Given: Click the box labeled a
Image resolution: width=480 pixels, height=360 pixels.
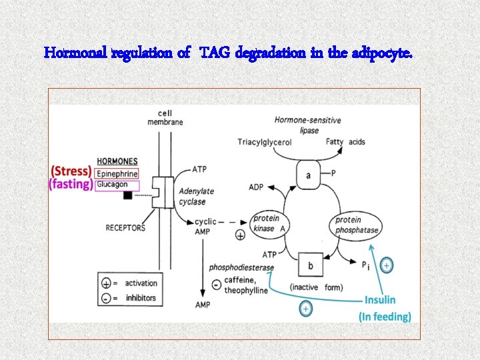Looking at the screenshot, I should click(308, 175).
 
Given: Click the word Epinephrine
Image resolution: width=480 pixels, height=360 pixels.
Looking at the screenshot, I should click(117, 174).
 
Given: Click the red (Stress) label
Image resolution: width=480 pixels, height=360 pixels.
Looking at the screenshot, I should click(71, 170).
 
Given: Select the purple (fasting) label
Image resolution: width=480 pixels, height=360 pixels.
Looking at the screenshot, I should click(71, 184).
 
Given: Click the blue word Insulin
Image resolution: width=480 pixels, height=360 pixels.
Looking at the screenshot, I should click(380, 300).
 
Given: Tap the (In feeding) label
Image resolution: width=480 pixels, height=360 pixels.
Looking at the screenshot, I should click(385, 316).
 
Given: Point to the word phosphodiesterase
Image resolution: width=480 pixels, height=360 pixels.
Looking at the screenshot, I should click(241, 267).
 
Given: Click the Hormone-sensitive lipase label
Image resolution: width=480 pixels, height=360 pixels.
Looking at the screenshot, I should click(307, 125).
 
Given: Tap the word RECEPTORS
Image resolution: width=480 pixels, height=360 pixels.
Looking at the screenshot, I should click(125, 228).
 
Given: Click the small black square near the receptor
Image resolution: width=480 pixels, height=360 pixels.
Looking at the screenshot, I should click(127, 195).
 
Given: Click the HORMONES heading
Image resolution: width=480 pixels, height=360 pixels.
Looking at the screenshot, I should click(117, 161).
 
